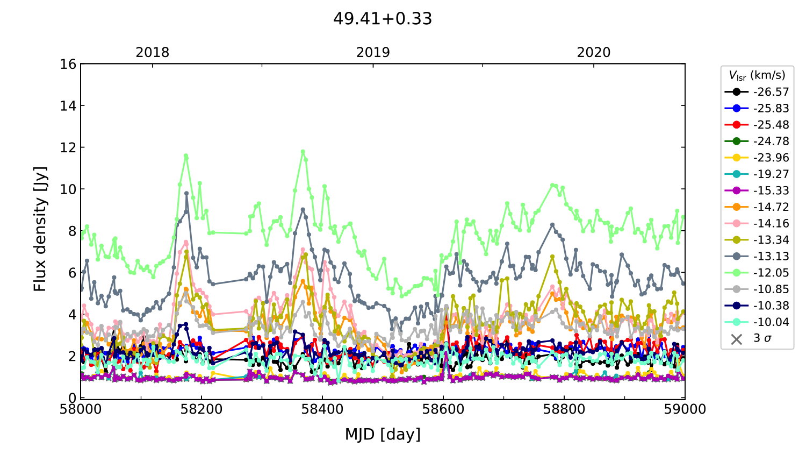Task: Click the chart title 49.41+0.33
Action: click(x=382, y=19)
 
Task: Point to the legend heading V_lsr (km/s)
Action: click(x=757, y=75)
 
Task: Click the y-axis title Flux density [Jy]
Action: click(x=40, y=229)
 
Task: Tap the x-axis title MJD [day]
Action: click(x=382, y=434)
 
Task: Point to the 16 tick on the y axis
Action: click(x=68, y=65)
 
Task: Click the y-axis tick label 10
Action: click(x=68, y=189)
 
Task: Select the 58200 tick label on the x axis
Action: click(x=201, y=409)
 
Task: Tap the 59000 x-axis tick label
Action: click(x=685, y=409)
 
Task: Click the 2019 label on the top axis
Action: click(x=373, y=53)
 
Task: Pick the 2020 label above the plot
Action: click(x=593, y=53)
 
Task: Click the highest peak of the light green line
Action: click(x=303, y=152)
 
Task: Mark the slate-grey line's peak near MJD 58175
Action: click(x=186, y=193)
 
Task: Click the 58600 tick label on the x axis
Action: click(x=443, y=409)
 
